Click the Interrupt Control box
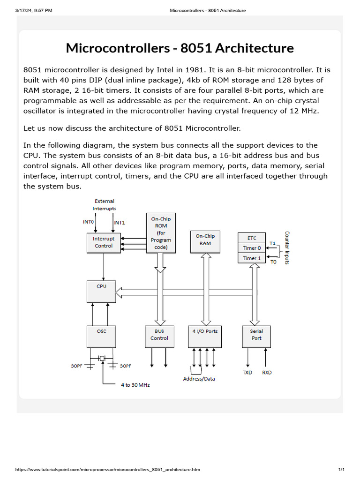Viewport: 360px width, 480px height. [x=104, y=242]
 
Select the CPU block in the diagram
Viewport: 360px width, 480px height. [x=101, y=292]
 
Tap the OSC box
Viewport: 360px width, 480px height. [x=101, y=337]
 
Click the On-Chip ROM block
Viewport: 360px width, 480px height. [x=161, y=233]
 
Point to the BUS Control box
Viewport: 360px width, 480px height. [x=159, y=337]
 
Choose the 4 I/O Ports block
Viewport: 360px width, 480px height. [x=204, y=337]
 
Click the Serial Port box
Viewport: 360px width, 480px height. [x=256, y=337]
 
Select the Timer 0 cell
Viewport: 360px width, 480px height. [x=252, y=248]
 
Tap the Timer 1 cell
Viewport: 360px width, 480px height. [x=252, y=258]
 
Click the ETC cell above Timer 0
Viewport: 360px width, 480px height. [x=252, y=238]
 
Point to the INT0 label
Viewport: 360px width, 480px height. [x=89, y=222]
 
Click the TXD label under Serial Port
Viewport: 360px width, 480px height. [x=247, y=373]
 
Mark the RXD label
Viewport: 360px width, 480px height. [x=267, y=373]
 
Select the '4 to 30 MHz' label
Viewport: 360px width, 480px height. [x=135, y=385]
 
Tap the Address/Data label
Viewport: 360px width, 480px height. [x=199, y=379]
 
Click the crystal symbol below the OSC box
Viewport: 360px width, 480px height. [x=102, y=359]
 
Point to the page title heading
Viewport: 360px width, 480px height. [x=180, y=48]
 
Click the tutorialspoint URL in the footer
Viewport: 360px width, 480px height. [x=108, y=470]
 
